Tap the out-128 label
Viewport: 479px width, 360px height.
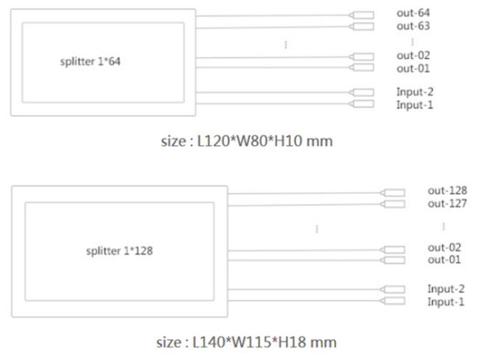coord(447,191)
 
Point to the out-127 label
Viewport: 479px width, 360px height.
coord(447,204)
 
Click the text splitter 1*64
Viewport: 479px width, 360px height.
coord(90,62)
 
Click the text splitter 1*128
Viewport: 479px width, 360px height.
coord(119,251)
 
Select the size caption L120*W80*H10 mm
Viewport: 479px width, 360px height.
coord(246,140)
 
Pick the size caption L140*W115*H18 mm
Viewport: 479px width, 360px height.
coord(246,342)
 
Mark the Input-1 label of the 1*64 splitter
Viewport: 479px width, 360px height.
coord(414,105)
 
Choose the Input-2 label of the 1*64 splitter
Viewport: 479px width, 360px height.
coord(414,92)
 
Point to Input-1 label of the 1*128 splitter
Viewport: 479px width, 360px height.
coord(446,303)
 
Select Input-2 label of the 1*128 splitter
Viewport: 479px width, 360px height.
coord(446,289)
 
